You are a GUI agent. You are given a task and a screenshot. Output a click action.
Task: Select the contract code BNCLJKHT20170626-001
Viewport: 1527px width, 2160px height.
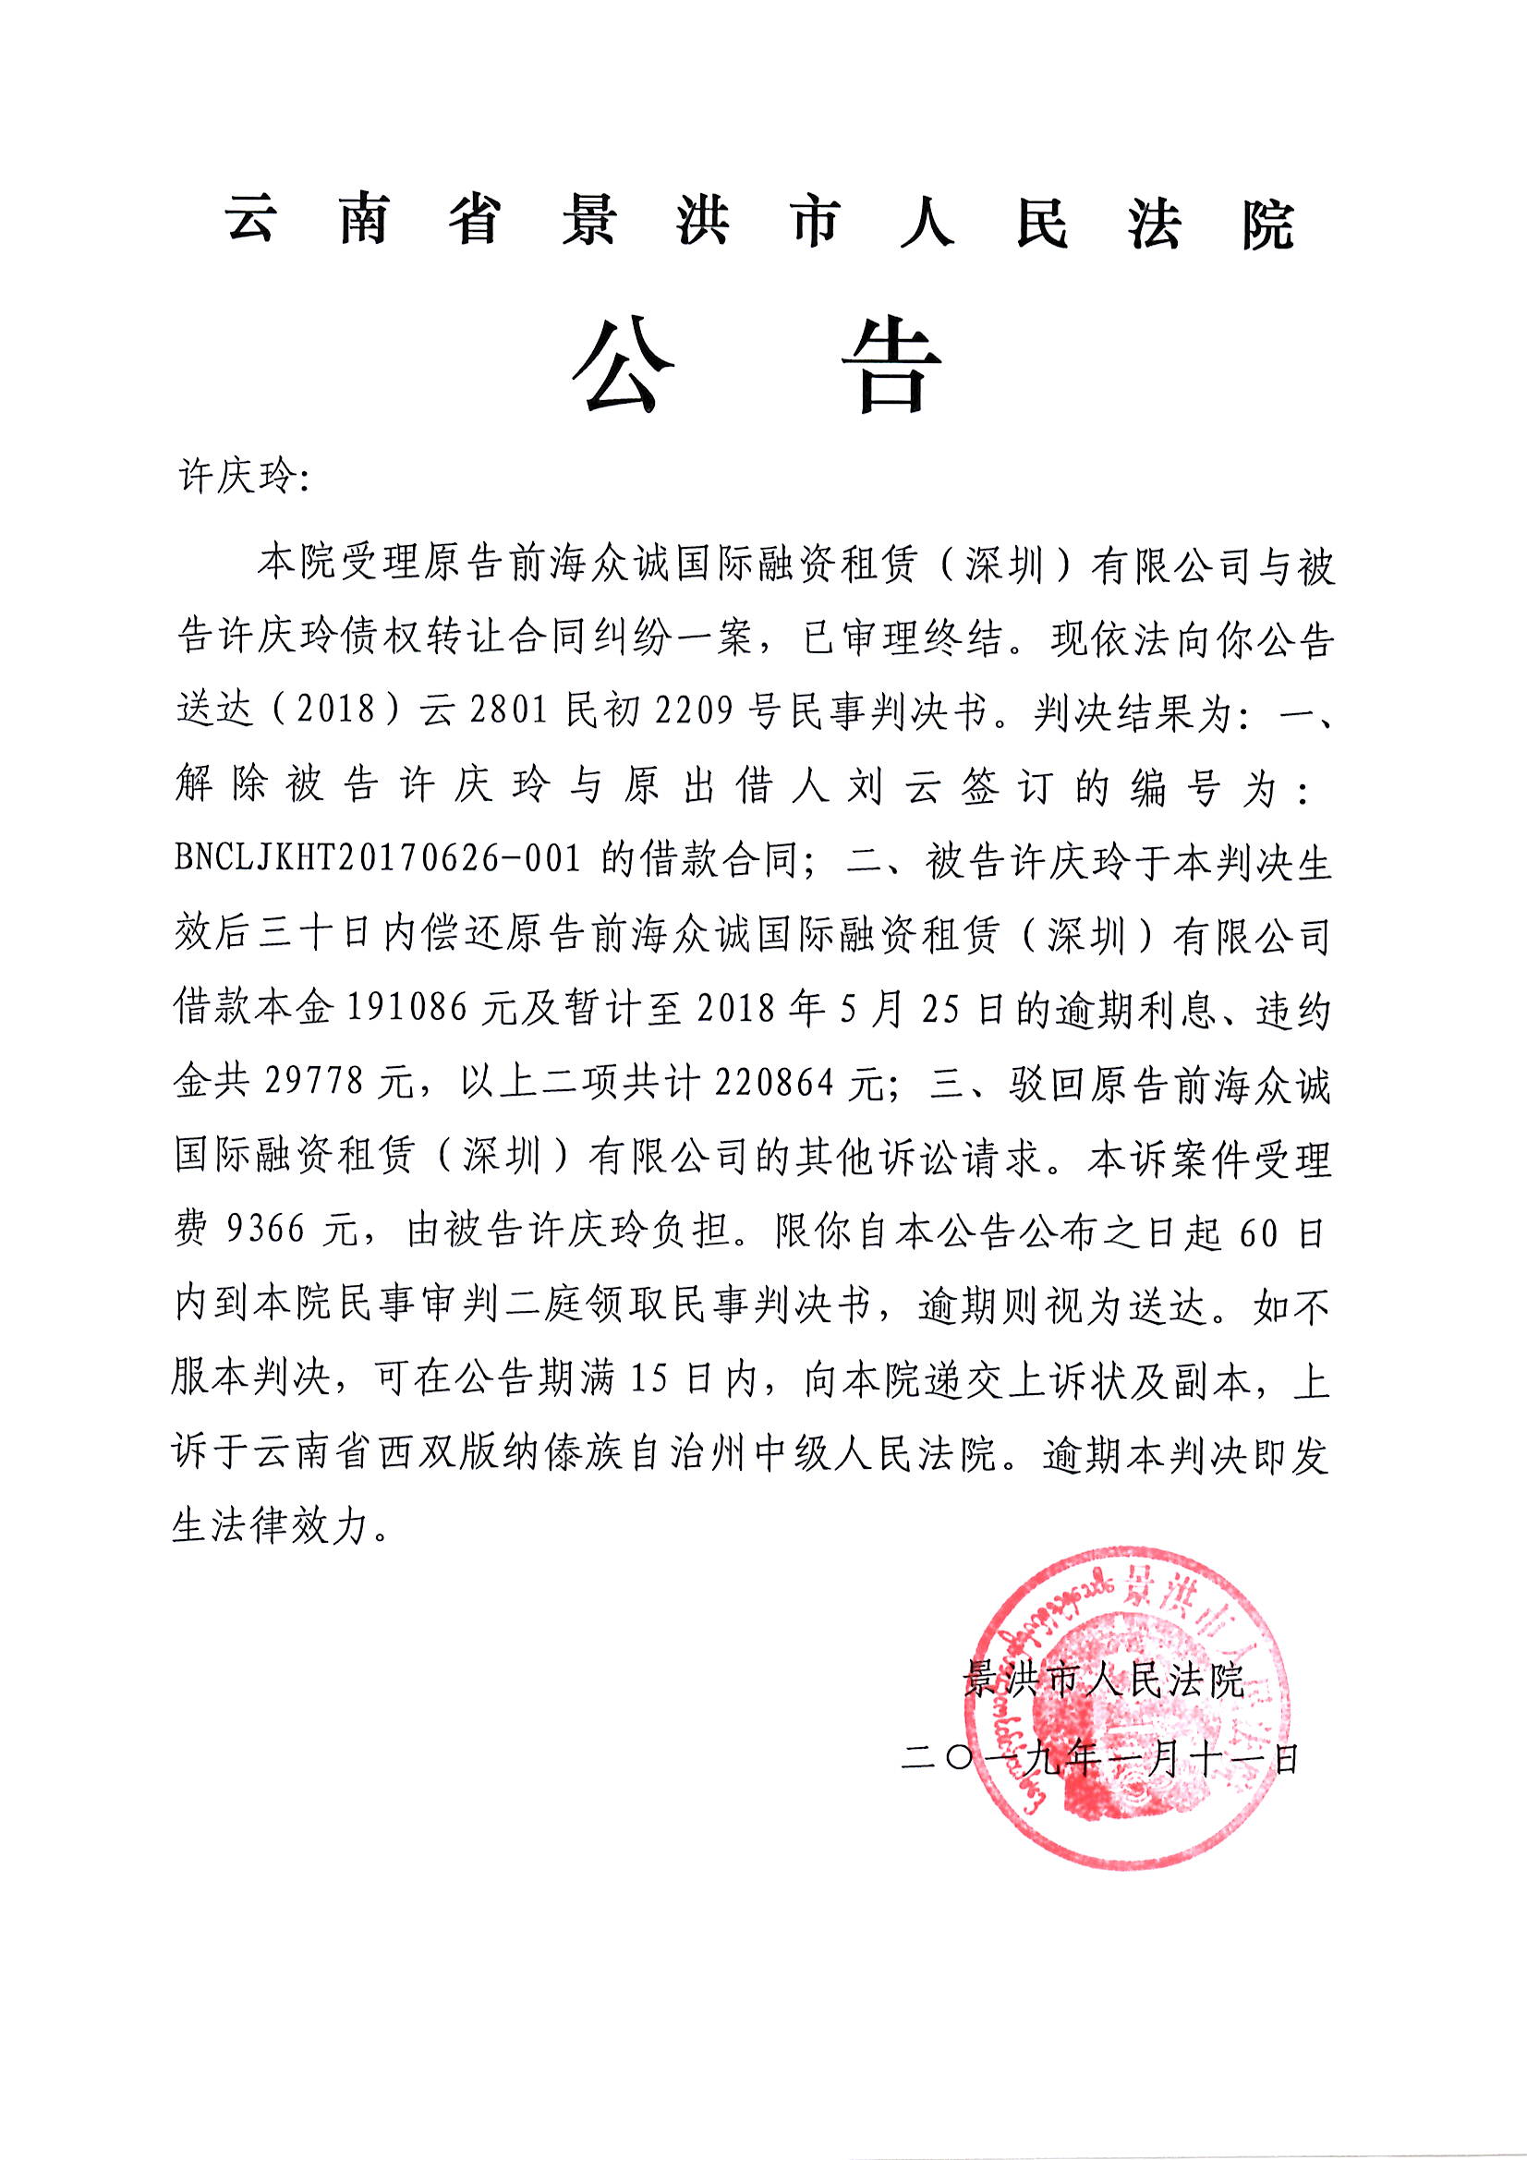point(377,858)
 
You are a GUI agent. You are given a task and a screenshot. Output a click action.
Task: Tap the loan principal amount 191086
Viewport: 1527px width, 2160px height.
point(408,1009)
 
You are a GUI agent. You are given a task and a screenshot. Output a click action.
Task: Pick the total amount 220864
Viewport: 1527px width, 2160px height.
point(774,1082)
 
